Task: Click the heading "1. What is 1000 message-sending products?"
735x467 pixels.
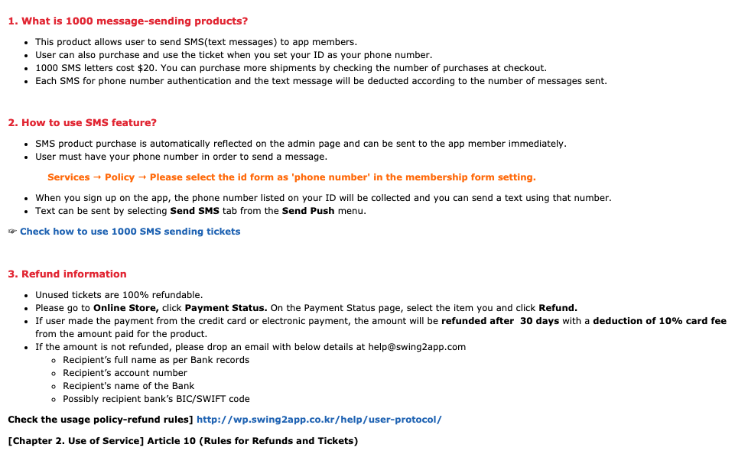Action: (x=128, y=21)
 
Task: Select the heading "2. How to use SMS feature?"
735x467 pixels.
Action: (x=82, y=123)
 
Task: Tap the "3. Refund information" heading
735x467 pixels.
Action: (x=67, y=274)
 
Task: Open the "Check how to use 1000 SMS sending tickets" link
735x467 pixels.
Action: (x=130, y=232)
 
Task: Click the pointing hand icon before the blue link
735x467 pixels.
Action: (x=12, y=232)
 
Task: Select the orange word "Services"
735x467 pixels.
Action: (x=69, y=177)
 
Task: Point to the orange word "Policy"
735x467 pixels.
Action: (x=119, y=177)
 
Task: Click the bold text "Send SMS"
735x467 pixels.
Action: (x=194, y=211)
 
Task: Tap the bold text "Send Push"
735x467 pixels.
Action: (x=308, y=211)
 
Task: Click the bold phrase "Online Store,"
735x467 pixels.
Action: (x=126, y=308)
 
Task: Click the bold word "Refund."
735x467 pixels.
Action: (x=558, y=308)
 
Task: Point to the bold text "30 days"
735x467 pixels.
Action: (x=539, y=321)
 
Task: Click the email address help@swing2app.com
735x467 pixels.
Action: (x=417, y=347)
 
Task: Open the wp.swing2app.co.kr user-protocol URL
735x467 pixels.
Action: (x=319, y=420)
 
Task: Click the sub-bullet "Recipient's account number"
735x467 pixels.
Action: (x=125, y=373)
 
